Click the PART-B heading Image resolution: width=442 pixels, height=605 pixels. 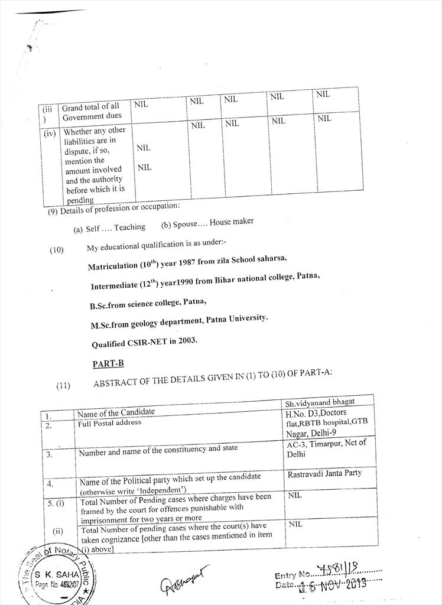click(x=108, y=364)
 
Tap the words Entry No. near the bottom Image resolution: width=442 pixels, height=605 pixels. click(x=292, y=575)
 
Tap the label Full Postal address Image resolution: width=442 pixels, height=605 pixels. click(x=109, y=423)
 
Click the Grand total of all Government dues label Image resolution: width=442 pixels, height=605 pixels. click(x=91, y=112)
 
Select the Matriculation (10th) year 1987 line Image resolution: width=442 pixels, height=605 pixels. click(x=187, y=262)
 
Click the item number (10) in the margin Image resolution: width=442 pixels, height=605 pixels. click(x=57, y=250)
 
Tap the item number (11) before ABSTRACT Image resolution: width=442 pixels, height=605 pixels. click(x=63, y=386)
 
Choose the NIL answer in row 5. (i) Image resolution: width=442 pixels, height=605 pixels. click(x=294, y=495)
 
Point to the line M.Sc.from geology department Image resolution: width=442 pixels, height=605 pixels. click(x=178, y=322)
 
